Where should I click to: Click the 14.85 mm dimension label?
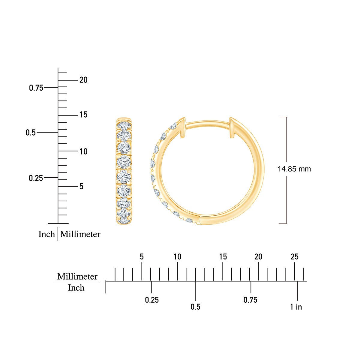[x=294, y=169]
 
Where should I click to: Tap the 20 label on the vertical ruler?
[x=83, y=80]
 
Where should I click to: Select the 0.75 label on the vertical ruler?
[x=36, y=88]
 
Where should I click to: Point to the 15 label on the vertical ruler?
[x=83, y=115]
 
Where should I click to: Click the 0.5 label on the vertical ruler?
[x=31, y=133]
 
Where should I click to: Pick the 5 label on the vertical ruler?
[x=81, y=187]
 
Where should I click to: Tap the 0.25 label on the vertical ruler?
[x=36, y=178]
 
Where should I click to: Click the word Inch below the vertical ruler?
[x=46, y=234]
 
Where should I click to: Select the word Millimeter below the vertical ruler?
[x=80, y=234]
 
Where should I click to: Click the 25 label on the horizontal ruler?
[x=295, y=257]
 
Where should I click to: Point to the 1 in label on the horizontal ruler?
[x=296, y=307]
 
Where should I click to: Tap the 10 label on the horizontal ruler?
[x=177, y=257]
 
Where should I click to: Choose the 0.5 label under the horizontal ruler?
[x=195, y=307]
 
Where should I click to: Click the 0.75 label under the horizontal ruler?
[x=250, y=300]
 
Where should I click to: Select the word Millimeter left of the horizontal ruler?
[x=77, y=276]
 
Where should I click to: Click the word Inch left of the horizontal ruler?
[x=76, y=288]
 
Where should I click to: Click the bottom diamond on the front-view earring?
[x=124, y=220]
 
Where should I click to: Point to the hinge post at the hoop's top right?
[x=232, y=127]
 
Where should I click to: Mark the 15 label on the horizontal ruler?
[x=223, y=257]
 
